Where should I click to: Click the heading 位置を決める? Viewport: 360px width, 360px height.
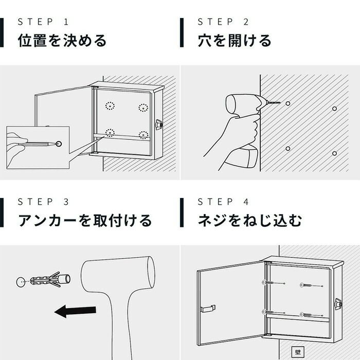[62, 41]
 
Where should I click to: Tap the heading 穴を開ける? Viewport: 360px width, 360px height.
[235, 41]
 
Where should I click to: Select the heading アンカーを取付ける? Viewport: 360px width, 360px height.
[85, 221]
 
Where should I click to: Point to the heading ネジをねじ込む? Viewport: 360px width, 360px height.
[250, 221]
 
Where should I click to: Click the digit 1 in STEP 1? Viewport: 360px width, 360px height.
[66, 22]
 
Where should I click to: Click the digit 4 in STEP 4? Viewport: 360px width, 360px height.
[246, 202]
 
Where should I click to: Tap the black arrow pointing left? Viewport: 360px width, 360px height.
[75, 311]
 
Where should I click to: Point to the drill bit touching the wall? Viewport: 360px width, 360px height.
[273, 102]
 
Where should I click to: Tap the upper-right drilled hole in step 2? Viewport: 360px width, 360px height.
[334, 109]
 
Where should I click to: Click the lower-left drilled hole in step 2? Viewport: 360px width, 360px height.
[288, 149]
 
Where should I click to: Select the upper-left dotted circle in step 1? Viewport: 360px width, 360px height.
[110, 106]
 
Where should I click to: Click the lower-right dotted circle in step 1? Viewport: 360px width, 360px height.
[143, 135]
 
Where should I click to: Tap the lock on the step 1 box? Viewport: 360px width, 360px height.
[159, 124]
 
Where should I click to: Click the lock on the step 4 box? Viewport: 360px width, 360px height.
[338, 304]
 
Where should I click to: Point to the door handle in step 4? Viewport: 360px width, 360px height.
[208, 309]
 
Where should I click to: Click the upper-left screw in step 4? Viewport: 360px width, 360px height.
[273, 282]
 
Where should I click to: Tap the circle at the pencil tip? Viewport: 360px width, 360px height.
[59, 144]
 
